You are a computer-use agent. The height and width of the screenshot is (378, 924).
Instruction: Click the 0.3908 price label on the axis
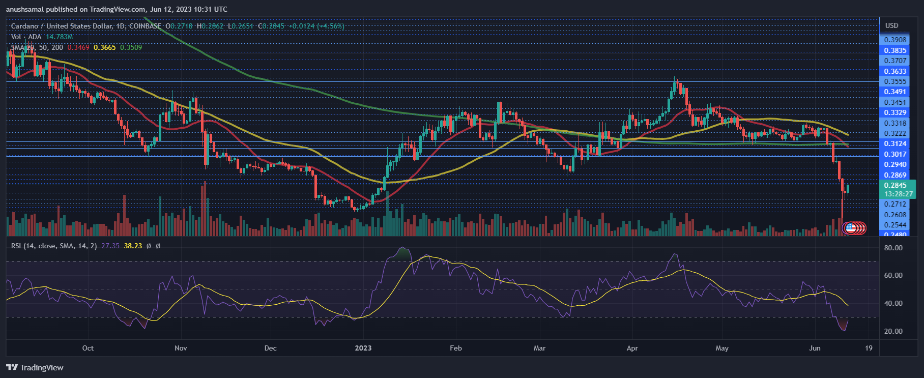click(895, 40)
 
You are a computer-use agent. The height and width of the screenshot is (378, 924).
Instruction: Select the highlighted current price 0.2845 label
click(895, 185)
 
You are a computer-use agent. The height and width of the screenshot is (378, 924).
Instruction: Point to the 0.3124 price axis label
click(895, 143)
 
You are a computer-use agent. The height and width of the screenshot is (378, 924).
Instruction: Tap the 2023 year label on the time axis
click(363, 348)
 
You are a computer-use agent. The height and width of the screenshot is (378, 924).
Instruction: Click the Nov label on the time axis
click(181, 348)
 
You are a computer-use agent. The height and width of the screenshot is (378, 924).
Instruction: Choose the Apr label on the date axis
click(632, 348)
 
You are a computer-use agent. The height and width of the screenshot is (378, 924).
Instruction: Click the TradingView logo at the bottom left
click(35, 367)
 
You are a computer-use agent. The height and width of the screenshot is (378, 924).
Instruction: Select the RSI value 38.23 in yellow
click(133, 246)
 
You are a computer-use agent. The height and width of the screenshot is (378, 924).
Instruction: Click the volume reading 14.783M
click(59, 37)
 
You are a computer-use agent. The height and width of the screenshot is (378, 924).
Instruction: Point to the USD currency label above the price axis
click(891, 25)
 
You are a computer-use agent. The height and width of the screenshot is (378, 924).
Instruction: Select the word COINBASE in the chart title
click(145, 26)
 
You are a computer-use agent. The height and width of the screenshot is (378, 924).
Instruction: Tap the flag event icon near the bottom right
click(850, 227)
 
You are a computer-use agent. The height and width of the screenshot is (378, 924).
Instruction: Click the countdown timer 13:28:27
click(898, 194)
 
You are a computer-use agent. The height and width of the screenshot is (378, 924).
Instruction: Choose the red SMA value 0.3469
click(78, 47)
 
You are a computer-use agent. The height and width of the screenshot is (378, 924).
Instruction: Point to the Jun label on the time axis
click(815, 348)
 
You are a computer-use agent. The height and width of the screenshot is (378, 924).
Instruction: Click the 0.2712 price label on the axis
click(895, 204)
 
